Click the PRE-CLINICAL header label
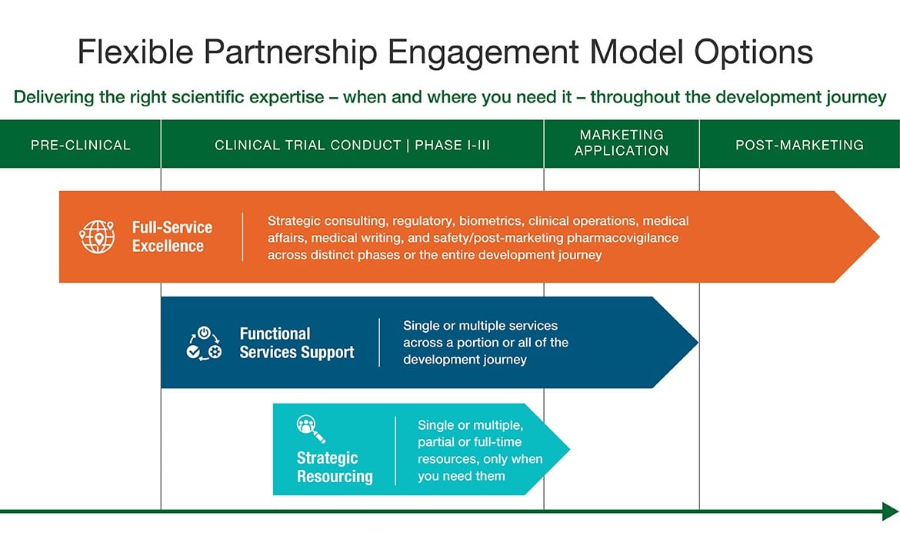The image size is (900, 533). (81, 145)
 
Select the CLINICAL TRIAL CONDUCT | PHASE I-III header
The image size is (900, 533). (352, 145)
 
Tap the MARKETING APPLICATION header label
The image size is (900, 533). (622, 143)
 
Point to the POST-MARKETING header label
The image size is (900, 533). (799, 145)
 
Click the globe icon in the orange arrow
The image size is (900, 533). (97, 236)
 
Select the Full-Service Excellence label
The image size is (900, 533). (172, 236)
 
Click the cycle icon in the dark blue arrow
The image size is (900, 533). (204, 343)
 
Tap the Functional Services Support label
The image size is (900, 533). (296, 343)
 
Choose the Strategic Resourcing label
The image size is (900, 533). (334, 467)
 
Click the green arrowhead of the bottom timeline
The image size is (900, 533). (890, 511)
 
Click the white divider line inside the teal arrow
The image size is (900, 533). (395, 451)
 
